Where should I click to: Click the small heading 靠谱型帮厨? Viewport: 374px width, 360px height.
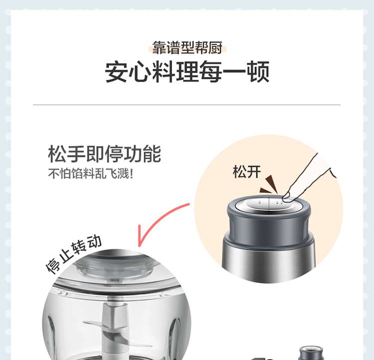(187, 48)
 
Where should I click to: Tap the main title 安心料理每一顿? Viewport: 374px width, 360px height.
(187, 72)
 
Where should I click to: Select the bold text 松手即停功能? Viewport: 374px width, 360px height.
(105, 154)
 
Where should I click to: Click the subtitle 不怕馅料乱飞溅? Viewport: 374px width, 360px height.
(91, 173)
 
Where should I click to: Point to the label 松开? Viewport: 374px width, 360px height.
(247, 172)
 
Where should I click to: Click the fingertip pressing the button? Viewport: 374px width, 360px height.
(286, 197)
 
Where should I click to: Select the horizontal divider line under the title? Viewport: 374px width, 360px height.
(187, 105)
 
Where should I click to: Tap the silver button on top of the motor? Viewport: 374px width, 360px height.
(269, 203)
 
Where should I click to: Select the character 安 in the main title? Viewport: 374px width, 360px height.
(116, 72)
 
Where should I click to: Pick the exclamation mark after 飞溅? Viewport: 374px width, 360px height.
(131, 174)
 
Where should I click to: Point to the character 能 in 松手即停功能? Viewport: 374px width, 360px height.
(152, 154)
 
